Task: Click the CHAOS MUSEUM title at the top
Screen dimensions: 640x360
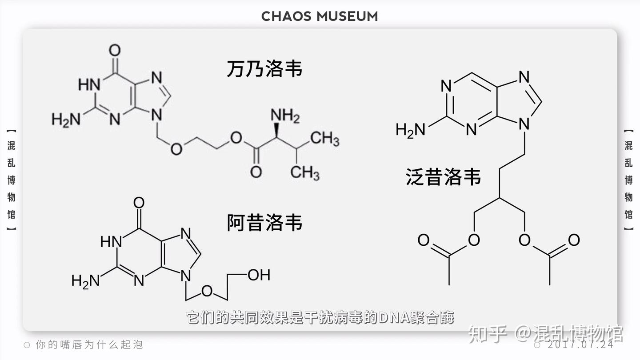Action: tap(320, 16)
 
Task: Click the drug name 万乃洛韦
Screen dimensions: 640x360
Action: tap(264, 69)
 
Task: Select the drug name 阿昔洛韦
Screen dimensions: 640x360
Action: tap(264, 223)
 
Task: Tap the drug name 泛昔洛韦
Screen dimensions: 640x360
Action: tap(443, 177)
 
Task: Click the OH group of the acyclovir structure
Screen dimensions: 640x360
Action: tap(259, 275)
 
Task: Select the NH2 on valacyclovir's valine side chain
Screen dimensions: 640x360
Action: tap(285, 116)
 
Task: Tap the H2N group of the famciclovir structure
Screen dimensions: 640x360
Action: tap(410, 130)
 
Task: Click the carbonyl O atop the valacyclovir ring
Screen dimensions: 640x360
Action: tap(115, 50)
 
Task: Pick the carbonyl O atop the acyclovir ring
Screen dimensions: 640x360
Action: tap(139, 204)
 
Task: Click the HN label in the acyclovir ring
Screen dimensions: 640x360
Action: tap(111, 242)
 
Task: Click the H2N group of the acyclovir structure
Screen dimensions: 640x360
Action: tap(85, 280)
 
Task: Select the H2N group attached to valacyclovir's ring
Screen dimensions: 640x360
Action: tap(66, 120)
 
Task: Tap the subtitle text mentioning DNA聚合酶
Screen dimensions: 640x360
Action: tap(320, 317)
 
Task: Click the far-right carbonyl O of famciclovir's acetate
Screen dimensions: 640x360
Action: tap(574, 240)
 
